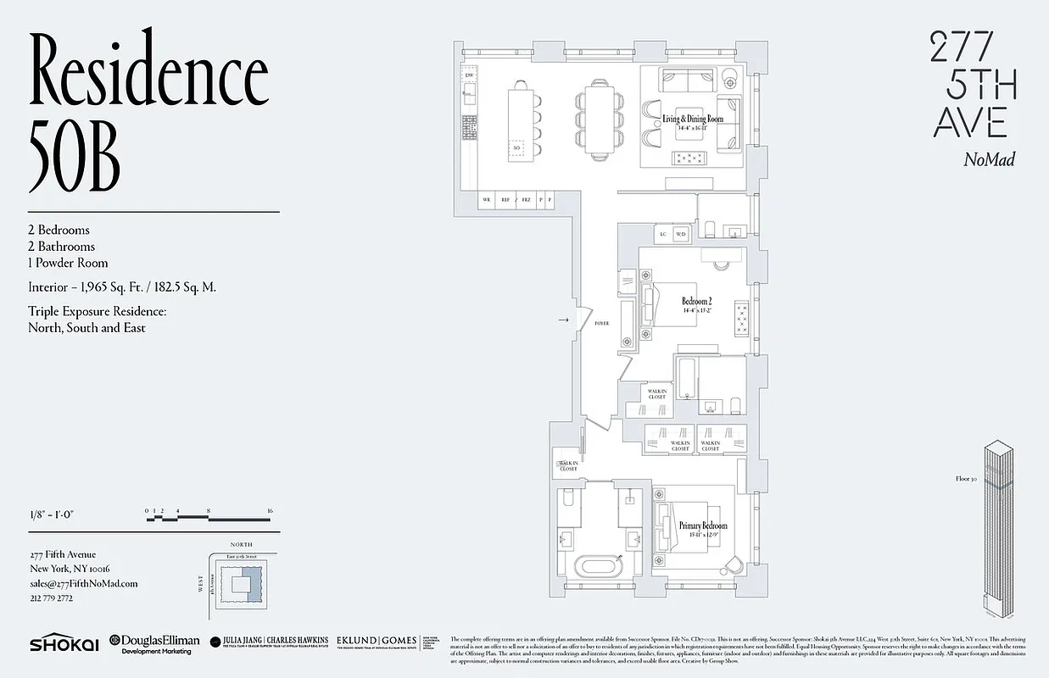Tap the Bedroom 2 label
pos(697,303)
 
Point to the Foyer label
pos(601,324)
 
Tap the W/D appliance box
pos(681,235)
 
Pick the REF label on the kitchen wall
pos(506,200)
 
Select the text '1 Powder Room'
pos(68,263)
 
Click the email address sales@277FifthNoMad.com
pos(83,583)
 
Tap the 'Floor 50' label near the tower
pos(968,479)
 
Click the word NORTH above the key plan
pos(243,546)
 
